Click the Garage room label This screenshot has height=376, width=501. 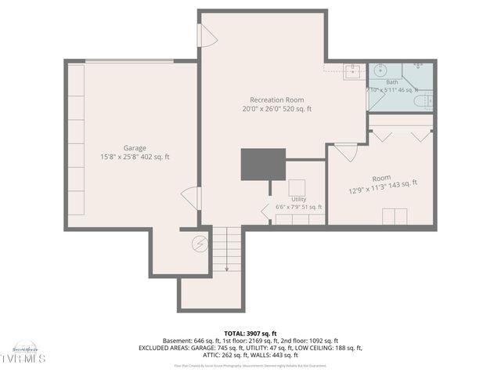point(135,148)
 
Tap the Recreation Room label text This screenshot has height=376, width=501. point(276,99)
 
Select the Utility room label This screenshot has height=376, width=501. point(298,200)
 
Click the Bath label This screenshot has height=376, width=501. point(391,82)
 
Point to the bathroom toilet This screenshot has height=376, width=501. point(427,100)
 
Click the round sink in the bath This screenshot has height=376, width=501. point(417,66)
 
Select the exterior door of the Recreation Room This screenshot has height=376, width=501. point(207,35)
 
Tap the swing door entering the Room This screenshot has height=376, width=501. point(346,150)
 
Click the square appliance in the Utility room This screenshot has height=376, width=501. point(297,188)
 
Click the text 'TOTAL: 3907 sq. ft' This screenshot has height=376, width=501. point(250,333)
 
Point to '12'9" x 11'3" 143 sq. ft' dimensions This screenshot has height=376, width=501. point(383,189)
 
